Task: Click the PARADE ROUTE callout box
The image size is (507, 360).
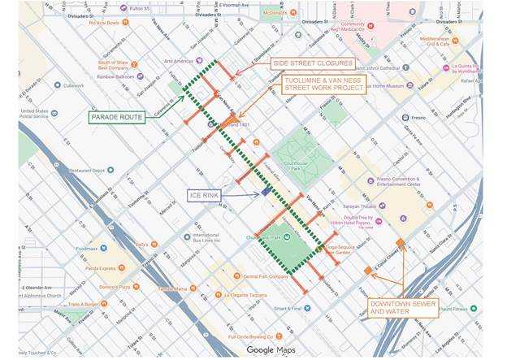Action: click(x=118, y=117)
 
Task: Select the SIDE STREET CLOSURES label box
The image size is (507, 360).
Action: click(x=313, y=63)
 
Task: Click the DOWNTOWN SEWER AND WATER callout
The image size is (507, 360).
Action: click(x=403, y=306)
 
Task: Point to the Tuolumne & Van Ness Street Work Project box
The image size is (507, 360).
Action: click(x=324, y=85)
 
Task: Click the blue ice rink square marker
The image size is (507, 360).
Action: click(x=266, y=192)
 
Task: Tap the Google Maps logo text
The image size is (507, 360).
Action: click(x=271, y=349)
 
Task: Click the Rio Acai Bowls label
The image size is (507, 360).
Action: click(x=104, y=23)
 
